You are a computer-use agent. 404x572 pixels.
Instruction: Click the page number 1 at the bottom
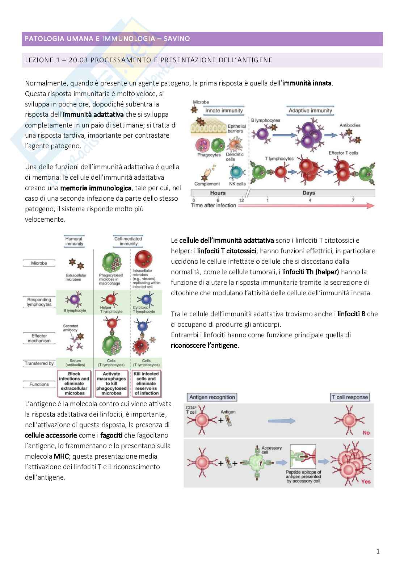click(x=378, y=551)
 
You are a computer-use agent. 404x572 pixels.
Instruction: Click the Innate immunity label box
click(x=224, y=111)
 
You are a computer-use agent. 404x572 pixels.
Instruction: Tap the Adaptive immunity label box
click(x=310, y=111)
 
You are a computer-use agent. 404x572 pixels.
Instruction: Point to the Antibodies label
click(x=350, y=125)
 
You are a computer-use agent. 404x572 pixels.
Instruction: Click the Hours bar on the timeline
click(x=218, y=193)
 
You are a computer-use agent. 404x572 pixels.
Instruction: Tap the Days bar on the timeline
click(x=308, y=193)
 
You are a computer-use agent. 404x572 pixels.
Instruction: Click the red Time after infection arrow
click(x=306, y=205)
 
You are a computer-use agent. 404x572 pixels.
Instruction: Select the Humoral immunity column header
click(x=74, y=241)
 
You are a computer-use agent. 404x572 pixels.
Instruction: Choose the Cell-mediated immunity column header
click(x=128, y=241)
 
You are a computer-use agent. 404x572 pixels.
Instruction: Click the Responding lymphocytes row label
click(x=39, y=302)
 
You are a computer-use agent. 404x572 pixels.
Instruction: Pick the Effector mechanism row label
click(x=39, y=338)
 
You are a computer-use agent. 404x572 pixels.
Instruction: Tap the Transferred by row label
click(x=39, y=363)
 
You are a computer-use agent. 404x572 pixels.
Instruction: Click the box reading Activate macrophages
click(x=111, y=383)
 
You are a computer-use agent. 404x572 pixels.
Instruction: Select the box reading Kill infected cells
click(x=146, y=383)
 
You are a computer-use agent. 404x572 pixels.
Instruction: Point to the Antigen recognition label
click(x=212, y=397)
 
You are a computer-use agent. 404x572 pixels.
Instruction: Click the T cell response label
click(x=350, y=397)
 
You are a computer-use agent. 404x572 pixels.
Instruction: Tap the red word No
click(x=366, y=433)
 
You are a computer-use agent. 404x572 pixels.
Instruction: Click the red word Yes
click(x=366, y=482)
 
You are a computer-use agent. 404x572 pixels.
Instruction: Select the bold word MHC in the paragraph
click(x=61, y=456)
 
